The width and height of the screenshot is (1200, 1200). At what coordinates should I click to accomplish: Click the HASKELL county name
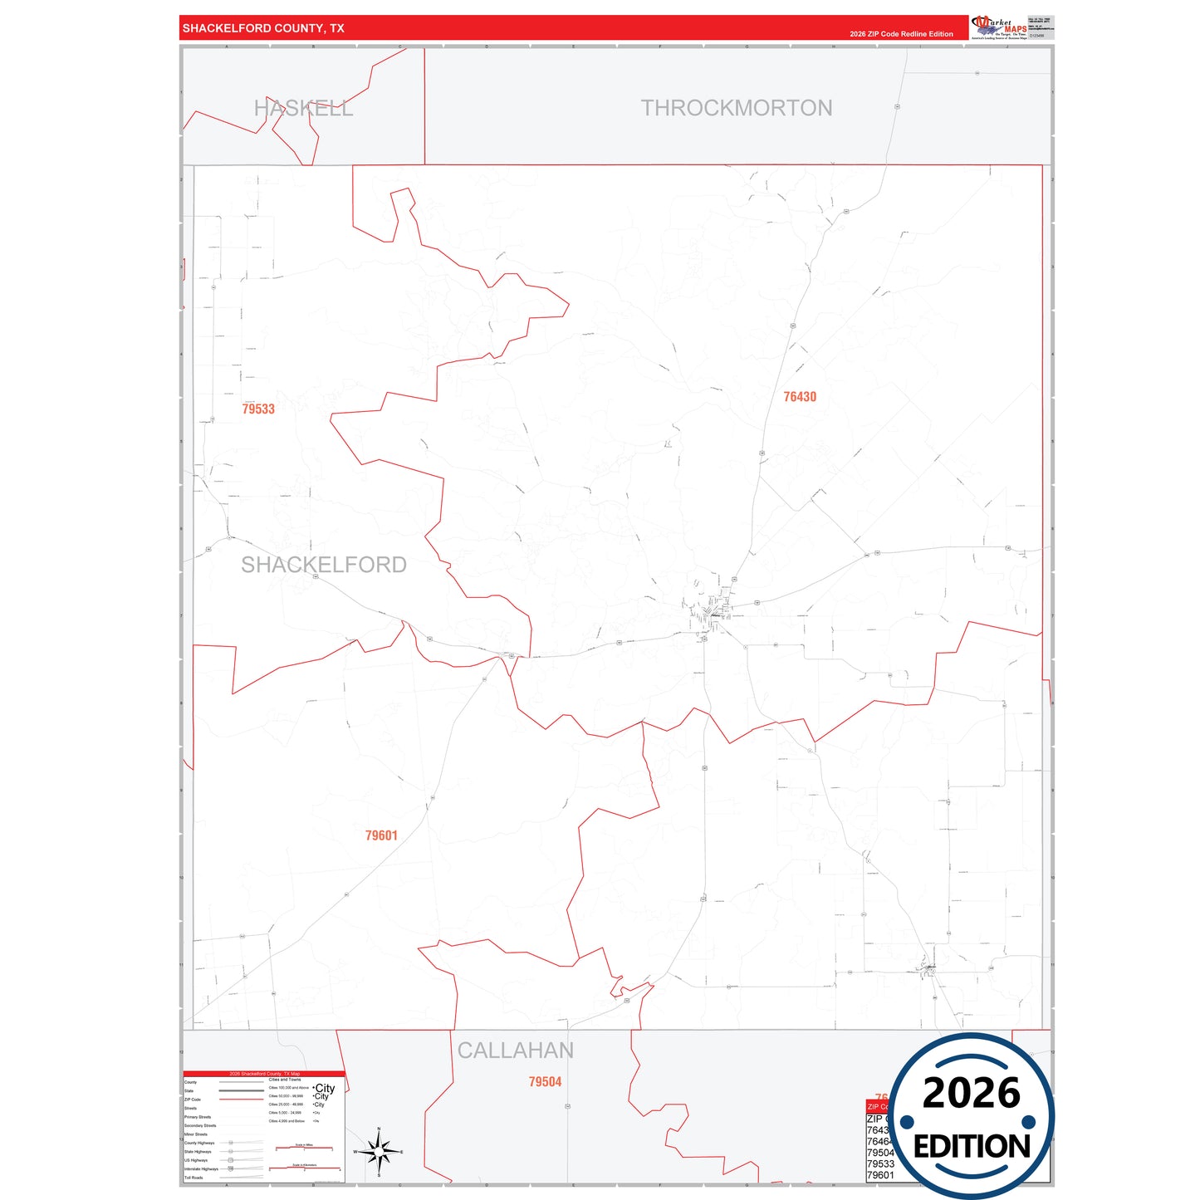tap(303, 109)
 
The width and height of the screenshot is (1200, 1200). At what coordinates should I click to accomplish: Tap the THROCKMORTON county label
tap(736, 108)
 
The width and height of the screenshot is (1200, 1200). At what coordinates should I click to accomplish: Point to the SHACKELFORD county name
tap(324, 565)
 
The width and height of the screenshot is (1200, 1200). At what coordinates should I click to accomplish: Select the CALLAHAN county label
tap(515, 1051)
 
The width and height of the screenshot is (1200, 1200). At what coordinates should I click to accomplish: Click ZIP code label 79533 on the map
tap(258, 409)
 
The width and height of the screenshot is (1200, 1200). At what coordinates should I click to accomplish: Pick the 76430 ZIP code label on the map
tap(800, 397)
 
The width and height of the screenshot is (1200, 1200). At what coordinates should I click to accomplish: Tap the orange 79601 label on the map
tap(381, 835)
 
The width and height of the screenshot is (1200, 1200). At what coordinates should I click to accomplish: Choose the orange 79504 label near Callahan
tap(545, 1081)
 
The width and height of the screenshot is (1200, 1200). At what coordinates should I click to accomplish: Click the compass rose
tap(379, 1152)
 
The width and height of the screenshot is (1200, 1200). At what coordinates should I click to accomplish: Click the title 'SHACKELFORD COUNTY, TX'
tap(263, 28)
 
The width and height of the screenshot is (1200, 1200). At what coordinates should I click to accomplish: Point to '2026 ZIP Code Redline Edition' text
tap(901, 34)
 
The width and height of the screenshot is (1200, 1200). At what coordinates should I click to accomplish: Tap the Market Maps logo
tap(999, 27)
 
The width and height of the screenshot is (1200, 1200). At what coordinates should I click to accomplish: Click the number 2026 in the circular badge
tap(971, 1093)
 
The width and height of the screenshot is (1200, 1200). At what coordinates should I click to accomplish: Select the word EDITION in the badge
tap(972, 1147)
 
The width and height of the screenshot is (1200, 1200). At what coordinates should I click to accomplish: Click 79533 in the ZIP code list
tap(880, 1163)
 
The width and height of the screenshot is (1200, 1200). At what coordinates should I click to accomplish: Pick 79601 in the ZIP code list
tap(880, 1175)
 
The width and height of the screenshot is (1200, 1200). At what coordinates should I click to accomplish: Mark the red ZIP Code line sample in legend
tap(242, 1100)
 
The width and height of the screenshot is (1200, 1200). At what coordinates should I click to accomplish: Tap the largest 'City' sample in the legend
tap(325, 1088)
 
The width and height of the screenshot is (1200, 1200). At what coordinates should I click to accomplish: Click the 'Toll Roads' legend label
tap(193, 1178)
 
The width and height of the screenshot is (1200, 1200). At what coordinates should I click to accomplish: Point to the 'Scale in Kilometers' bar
tap(304, 1168)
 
